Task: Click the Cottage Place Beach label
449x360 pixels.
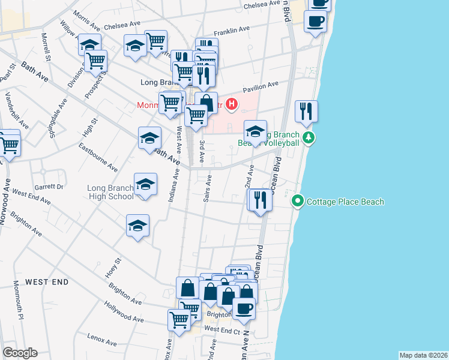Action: coord(345,202)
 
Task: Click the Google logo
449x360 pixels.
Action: coord(20,353)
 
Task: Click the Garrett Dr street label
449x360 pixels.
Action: coord(49,187)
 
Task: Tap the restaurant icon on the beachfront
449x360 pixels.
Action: coord(307,112)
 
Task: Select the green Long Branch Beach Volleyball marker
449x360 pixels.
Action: coord(309,138)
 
